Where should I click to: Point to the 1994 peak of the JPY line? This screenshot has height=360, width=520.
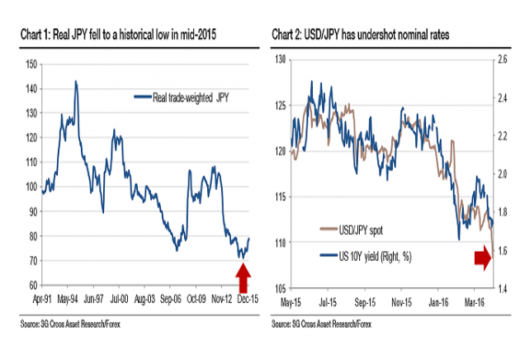point(76,82)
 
